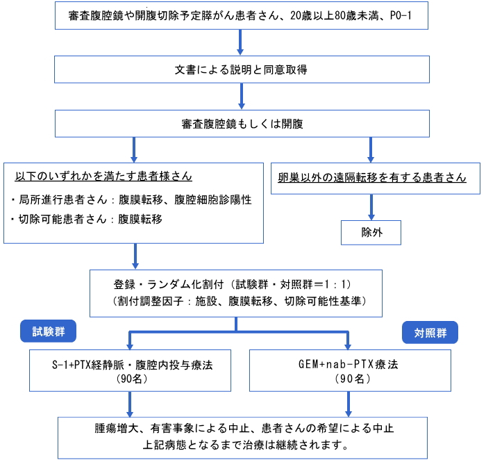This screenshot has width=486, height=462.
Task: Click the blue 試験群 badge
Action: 48,331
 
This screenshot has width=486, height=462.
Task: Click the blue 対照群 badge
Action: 430,332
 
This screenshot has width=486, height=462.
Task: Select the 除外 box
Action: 371,233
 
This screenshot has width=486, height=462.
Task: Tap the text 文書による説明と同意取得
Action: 241,69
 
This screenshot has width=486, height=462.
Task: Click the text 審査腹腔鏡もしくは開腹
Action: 242,124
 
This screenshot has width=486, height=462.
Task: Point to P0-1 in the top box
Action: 401,15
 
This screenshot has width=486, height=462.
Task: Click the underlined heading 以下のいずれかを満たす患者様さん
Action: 103,176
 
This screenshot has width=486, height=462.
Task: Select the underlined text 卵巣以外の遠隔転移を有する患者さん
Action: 372,177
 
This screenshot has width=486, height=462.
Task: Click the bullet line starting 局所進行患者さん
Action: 131,199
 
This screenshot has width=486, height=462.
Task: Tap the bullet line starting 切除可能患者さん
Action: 86,220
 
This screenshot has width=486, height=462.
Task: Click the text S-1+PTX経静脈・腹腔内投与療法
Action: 133,365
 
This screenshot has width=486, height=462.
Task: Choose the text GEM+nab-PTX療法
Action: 348,364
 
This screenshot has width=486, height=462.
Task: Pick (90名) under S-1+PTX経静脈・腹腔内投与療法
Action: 132,379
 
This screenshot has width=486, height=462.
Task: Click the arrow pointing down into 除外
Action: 371,207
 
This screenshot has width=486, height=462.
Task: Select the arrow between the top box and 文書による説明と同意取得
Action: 240,42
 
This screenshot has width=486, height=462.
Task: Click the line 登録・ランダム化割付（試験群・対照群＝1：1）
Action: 232,284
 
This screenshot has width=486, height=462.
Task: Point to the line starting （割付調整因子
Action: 239,301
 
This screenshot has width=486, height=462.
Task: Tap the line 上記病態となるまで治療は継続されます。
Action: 246,445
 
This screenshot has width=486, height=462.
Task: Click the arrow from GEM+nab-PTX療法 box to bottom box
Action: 349,404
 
